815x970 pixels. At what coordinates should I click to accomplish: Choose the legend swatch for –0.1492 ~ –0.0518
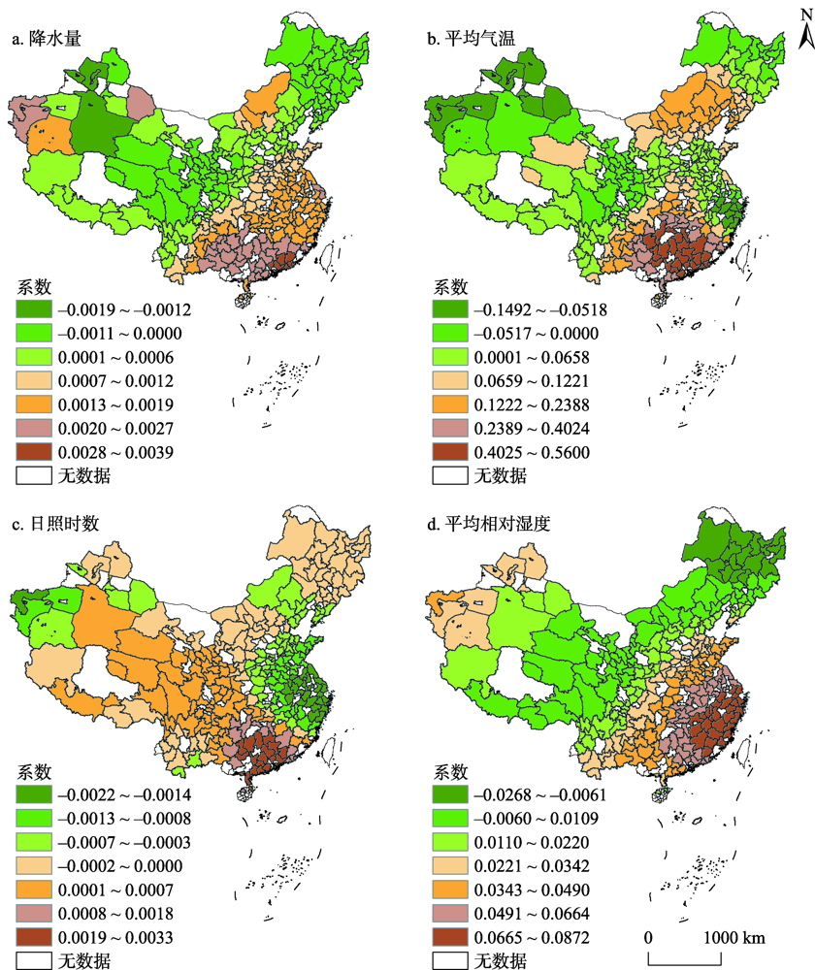coord(451,310)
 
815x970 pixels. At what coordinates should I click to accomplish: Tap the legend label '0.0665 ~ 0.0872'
coord(534,938)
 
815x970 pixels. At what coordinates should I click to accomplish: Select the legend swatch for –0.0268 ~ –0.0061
coord(451,795)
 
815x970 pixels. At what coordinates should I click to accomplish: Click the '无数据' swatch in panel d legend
coord(451,961)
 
